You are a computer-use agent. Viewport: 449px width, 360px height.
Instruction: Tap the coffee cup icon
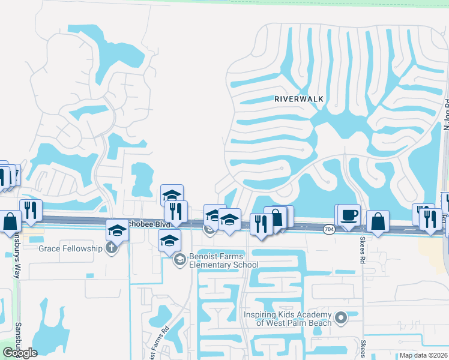point(349,214)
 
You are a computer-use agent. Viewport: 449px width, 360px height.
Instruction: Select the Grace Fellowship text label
point(71,248)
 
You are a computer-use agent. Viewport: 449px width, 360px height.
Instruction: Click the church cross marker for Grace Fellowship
point(110,248)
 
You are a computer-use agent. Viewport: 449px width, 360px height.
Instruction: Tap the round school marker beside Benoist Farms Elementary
point(179,260)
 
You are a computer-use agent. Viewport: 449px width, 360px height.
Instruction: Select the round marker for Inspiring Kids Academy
point(341,317)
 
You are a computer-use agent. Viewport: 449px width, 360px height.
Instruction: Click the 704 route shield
point(328,229)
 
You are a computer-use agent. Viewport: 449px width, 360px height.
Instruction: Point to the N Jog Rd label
point(446,114)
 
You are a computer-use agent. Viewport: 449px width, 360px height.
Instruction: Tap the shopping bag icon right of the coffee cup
point(378,221)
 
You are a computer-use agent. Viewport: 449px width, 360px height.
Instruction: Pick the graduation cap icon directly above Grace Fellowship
point(117,230)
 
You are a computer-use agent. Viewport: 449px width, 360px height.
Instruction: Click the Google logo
point(20,353)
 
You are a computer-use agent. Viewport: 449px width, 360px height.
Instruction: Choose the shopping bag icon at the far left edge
point(10,221)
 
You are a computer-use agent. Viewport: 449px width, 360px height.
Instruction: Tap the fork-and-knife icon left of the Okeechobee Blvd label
point(31,209)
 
